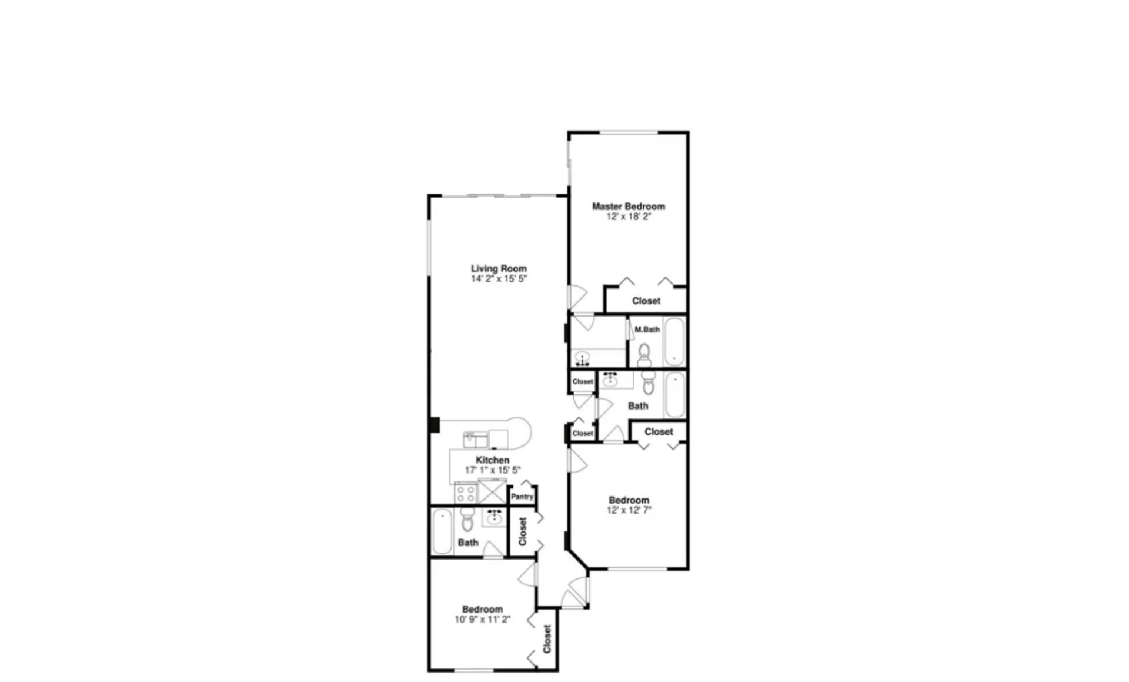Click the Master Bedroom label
click(x=628, y=207)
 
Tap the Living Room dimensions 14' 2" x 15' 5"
click(x=499, y=279)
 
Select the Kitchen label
click(x=492, y=460)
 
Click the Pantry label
click(x=522, y=497)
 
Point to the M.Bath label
click(x=647, y=330)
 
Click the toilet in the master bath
click(x=644, y=355)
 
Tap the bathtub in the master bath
click(x=674, y=342)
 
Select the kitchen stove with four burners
click(x=466, y=493)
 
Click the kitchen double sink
click(x=475, y=440)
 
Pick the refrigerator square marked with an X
click(x=492, y=492)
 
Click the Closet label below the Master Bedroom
click(x=646, y=301)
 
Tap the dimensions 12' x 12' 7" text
click(x=629, y=510)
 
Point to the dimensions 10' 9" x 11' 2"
click(x=482, y=620)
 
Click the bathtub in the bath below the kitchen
click(x=442, y=532)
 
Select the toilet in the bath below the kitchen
click(x=467, y=519)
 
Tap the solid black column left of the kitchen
click(x=434, y=424)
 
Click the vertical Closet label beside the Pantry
click(x=522, y=531)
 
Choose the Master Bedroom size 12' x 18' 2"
click(x=628, y=217)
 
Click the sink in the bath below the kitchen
click(x=494, y=518)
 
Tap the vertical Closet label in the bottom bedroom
click(x=547, y=639)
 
